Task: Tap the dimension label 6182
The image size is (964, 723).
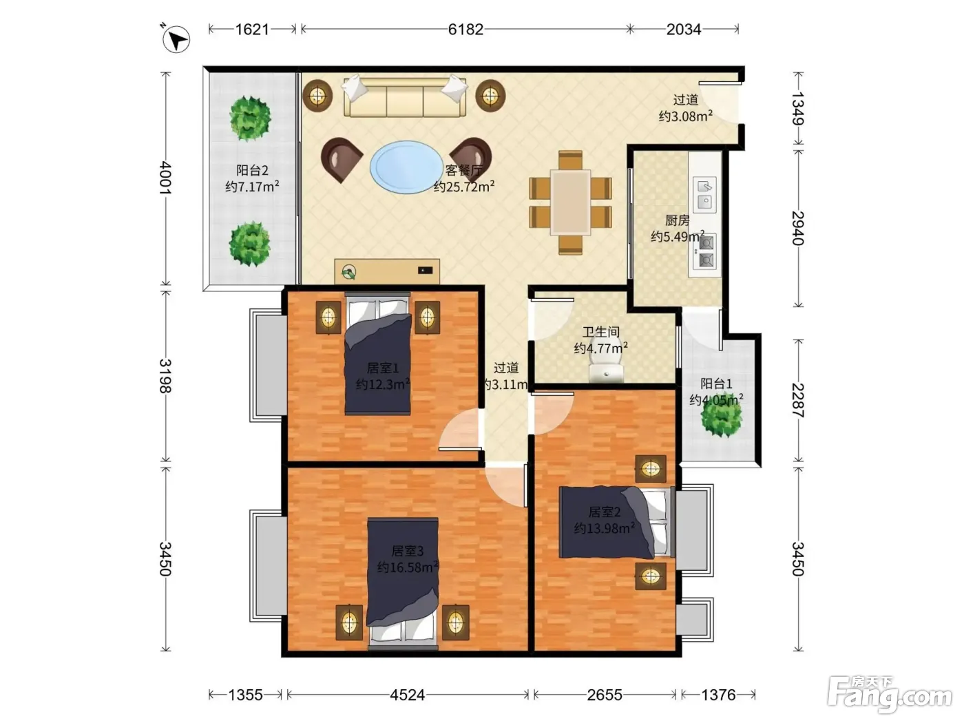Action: [465, 30]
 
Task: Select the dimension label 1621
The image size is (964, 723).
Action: [251, 30]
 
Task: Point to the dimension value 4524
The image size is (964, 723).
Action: [407, 695]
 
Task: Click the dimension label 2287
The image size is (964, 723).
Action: [797, 400]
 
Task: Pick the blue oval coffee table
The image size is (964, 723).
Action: [406, 167]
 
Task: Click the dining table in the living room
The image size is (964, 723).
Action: [571, 203]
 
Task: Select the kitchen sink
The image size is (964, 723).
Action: [704, 194]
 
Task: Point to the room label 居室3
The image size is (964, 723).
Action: [407, 550]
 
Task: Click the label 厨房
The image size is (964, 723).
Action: [678, 220]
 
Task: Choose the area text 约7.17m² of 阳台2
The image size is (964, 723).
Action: [252, 187]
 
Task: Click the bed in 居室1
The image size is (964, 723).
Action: [378, 354]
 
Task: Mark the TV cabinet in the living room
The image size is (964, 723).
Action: [387, 271]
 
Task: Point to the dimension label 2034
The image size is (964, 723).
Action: [683, 30]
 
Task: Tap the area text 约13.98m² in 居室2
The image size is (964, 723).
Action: [604, 528]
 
